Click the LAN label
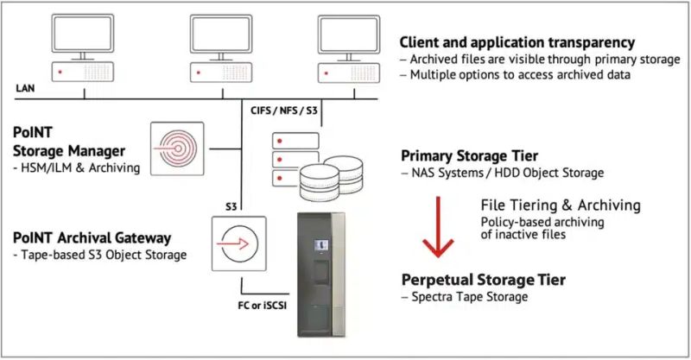(25, 88)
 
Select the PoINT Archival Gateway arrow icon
(235, 243)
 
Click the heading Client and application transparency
(517, 41)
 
